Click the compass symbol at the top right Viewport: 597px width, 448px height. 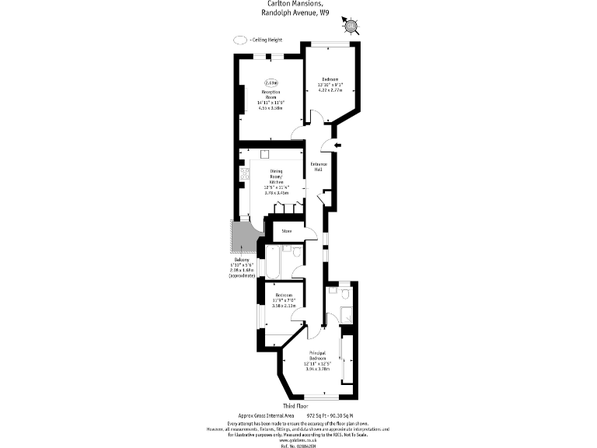click(351, 26)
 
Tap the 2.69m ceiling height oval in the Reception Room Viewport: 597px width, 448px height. click(271, 82)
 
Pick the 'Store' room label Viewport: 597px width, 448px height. click(286, 231)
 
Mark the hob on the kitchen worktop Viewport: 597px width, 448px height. click(243, 175)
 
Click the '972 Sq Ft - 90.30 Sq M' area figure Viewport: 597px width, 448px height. click(330, 416)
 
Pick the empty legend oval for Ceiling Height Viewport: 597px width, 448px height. click(239, 40)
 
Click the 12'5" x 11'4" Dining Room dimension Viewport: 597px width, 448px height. click(277, 187)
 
